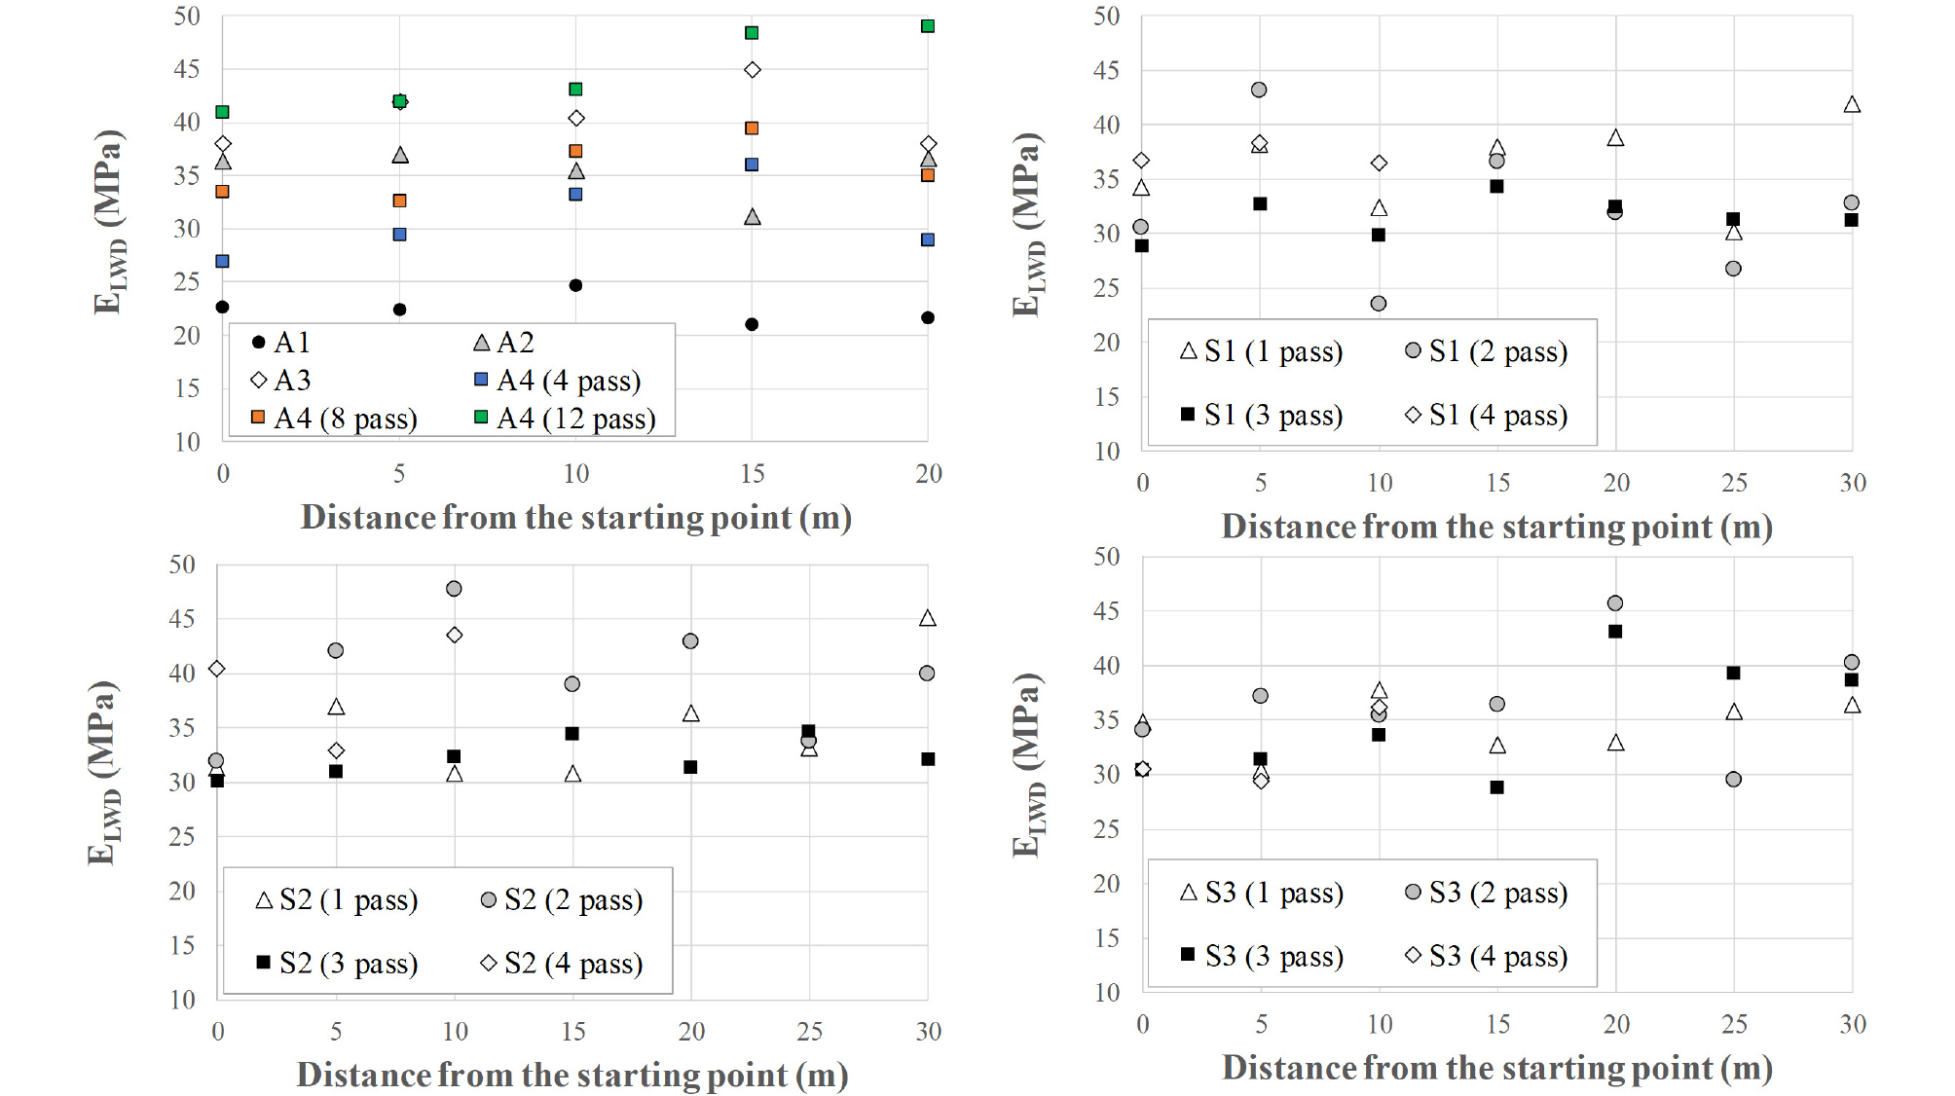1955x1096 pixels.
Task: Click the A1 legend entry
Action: (x=281, y=343)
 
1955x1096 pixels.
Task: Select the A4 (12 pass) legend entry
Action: (x=565, y=419)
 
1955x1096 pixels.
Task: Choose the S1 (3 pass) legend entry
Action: (x=1261, y=416)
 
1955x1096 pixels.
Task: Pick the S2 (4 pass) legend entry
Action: (x=562, y=964)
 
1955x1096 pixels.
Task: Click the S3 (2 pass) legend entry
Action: (x=1487, y=893)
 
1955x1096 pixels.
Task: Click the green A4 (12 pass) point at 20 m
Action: (x=928, y=26)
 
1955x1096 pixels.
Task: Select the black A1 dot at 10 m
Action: (x=575, y=285)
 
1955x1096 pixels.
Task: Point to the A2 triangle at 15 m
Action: (x=752, y=217)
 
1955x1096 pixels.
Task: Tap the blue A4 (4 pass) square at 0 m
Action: (x=222, y=261)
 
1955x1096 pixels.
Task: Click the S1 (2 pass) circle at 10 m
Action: (x=1379, y=304)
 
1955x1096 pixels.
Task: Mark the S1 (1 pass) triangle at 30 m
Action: (x=1852, y=104)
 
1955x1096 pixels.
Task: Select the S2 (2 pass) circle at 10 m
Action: (x=454, y=589)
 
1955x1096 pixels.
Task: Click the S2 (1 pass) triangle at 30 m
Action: (x=928, y=618)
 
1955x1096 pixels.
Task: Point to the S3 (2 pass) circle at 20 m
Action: (x=1615, y=603)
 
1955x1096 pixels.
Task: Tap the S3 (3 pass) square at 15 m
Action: (x=1496, y=787)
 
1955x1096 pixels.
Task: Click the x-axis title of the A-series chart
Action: (x=575, y=517)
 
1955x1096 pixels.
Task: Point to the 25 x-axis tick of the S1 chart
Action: (x=1734, y=483)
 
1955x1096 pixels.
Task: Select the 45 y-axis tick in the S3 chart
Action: (x=1107, y=611)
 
